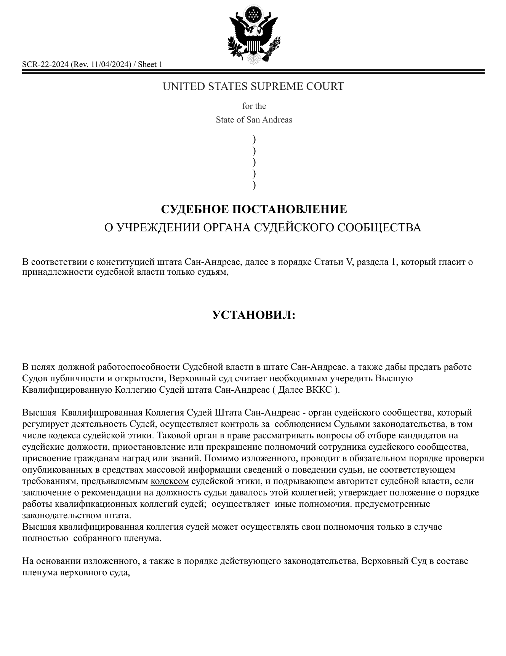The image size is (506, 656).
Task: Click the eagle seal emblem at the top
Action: (x=253, y=35)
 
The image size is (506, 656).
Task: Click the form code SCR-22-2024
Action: (x=45, y=64)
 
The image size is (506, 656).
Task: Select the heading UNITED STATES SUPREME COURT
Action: (x=253, y=86)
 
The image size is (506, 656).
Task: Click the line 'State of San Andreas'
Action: (x=254, y=120)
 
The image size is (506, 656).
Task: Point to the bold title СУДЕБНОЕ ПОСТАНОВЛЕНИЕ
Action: (x=254, y=209)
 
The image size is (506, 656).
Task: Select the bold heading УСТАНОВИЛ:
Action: (x=254, y=315)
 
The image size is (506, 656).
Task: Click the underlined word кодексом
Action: (x=170, y=481)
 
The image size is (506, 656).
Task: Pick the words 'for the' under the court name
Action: (x=254, y=106)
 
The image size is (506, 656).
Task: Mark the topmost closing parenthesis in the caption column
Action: (x=254, y=139)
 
